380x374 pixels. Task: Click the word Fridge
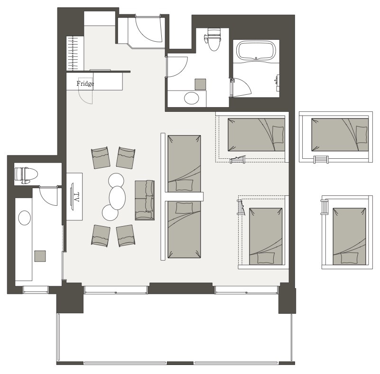pyautogui.click(x=85, y=84)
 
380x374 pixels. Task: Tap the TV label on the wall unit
pyautogui.click(x=76, y=197)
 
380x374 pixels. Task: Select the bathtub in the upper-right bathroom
pyautogui.click(x=256, y=50)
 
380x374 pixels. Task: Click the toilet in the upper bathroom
pyautogui.click(x=213, y=39)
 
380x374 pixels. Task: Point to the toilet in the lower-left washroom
pyautogui.click(x=26, y=175)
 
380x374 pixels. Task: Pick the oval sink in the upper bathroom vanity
pyautogui.click(x=192, y=98)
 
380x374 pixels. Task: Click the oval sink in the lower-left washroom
pyautogui.click(x=25, y=218)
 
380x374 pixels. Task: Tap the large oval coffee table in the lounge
pyautogui.click(x=117, y=198)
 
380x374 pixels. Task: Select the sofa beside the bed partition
pyautogui.click(x=145, y=200)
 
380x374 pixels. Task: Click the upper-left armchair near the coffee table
pyautogui.click(x=101, y=157)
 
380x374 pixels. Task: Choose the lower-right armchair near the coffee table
pyautogui.click(x=126, y=236)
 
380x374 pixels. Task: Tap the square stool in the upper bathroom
pyautogui.click(x=200, y=84)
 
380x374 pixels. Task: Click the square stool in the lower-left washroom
pyautogui.click(x=40, y=256)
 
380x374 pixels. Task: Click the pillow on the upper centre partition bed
pyautogui.click(x=184, y=185)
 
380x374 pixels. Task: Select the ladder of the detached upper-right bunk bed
pyautogui.click(x=321, y=160)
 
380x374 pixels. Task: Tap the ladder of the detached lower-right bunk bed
pyautogui.click(x=324, y=207)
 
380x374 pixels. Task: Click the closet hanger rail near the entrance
pyautogui.click(x=75, y=53)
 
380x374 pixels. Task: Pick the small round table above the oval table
pyautogui.click(x=116, y=180)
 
